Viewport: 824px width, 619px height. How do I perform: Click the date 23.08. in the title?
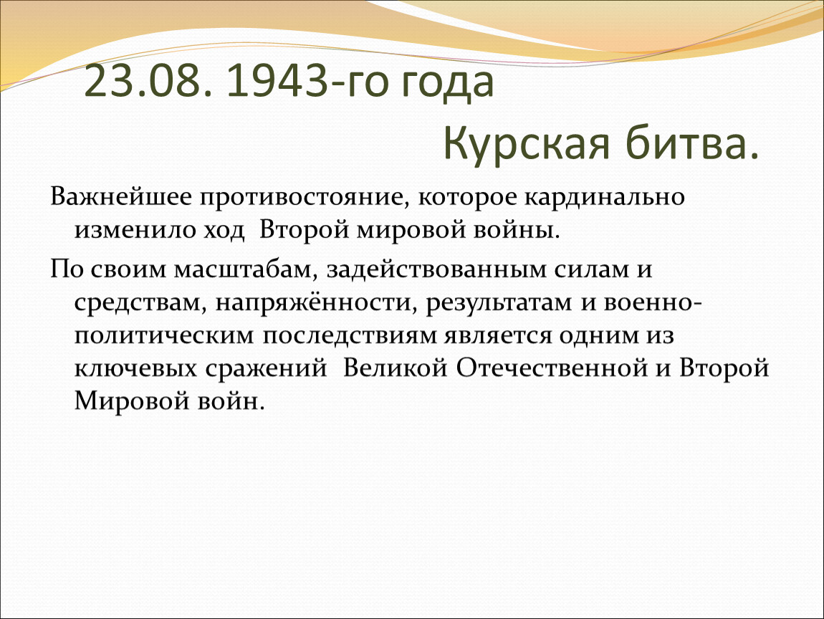(x=148, y=82)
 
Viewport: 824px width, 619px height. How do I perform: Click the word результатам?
(x=499, y=304)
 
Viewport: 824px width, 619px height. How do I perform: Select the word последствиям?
(x=350, y=336)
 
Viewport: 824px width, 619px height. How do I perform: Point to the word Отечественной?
(x=551, y=368)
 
